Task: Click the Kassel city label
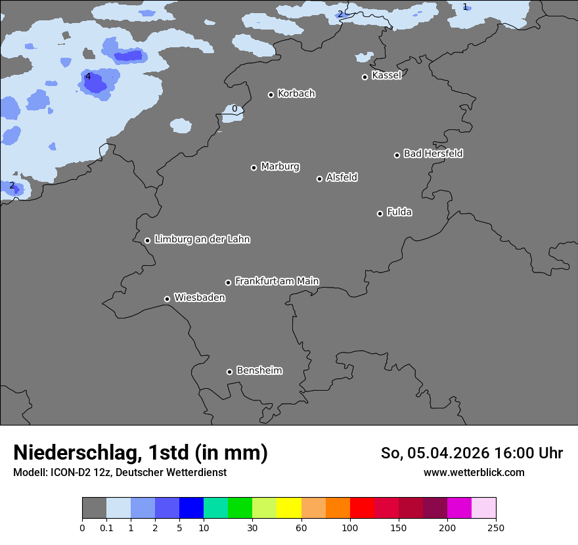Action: point(386,76)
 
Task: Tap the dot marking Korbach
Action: point(271,95)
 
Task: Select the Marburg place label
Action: point(280,167)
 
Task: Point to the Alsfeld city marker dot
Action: point(319,179)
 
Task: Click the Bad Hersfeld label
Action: point(433,154)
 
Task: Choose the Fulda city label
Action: point(399,212)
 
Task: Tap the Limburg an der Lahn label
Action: point(202,240)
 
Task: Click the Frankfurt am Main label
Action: point(277,281)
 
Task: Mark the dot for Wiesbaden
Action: point(167,299)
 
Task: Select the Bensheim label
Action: point(259,370)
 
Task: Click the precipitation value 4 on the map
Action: point(88,77)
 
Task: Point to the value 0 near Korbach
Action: point(234,108)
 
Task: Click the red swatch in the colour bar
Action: point(361,508)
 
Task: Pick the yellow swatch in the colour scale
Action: point(288,508)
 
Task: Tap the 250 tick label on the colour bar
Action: point(495,527)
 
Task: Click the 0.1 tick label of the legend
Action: point(106,527)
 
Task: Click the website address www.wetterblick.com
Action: point(474,473)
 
